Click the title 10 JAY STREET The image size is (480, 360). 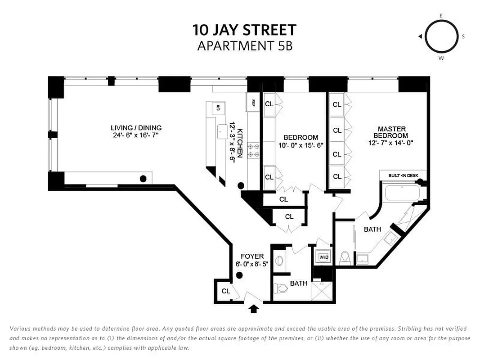244,30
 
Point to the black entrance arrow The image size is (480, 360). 254,308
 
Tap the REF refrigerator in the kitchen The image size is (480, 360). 253,102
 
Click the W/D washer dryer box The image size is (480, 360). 323,257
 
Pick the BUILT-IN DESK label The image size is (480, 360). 402,174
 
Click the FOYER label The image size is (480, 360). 252,256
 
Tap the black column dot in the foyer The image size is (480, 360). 240,276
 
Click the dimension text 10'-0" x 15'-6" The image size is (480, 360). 301,145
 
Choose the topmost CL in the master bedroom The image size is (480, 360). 337,104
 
